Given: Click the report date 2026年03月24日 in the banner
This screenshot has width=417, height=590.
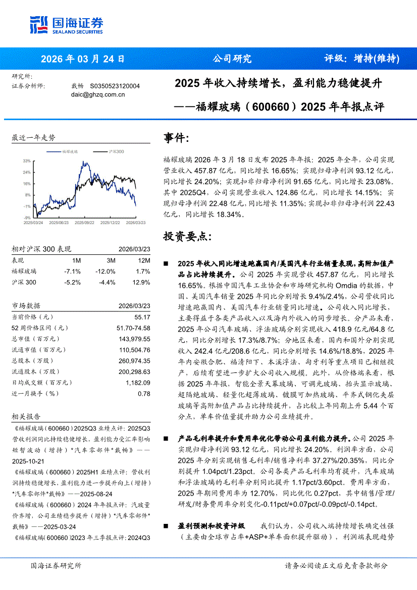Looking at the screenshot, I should [83, 59].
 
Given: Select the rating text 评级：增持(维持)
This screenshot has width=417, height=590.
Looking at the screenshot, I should [361, 59].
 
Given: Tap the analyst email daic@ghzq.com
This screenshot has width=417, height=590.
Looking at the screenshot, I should [94, 94].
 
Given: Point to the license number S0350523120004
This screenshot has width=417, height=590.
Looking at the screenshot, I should [115, 86].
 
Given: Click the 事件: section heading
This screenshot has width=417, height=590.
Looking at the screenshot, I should [177, 138].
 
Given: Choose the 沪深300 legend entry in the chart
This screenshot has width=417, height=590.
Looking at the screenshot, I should [116, 151].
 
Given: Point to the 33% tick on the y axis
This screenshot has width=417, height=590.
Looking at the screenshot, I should [27, 160].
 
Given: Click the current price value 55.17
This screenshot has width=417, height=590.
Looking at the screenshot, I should [142, 317].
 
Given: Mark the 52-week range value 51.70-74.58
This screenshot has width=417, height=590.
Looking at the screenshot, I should [133, 328].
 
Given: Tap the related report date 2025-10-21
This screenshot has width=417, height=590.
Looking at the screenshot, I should [28, 461].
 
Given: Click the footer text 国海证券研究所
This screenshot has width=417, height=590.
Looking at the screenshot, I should [56, 566].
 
